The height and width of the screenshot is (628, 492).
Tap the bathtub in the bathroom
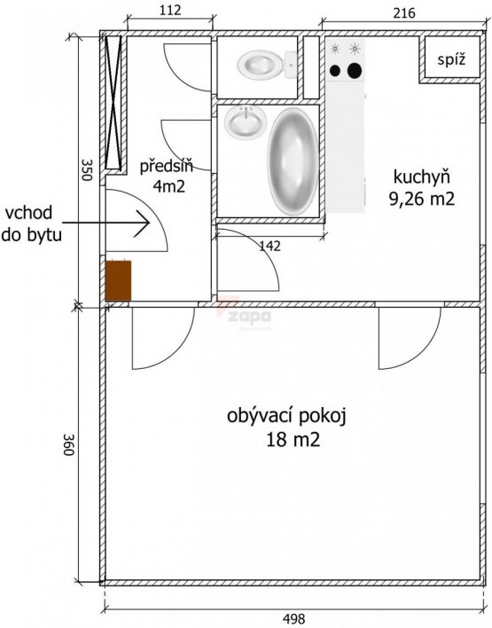pos(293,161)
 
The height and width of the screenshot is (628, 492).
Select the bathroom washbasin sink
pos(246,122)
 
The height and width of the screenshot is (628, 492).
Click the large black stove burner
pos(355,70)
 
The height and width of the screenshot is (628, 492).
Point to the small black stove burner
pos(335,71)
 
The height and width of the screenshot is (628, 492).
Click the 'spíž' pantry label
pos(451,60)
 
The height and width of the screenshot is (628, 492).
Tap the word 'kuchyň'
pos(422,177)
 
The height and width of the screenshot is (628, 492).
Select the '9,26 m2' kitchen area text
pos(422,199)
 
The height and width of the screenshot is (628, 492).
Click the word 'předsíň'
pos(166,165)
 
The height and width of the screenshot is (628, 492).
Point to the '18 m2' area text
pos(293,440)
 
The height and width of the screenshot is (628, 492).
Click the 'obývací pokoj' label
pos(286,417)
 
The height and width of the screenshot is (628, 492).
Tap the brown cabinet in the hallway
pos(118,280)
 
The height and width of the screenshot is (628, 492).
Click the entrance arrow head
pos(144,224)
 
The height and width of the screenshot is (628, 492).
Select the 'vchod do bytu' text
pos(32,224)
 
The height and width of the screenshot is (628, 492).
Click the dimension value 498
pos(293,619)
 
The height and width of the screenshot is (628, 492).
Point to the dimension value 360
pos(69,444)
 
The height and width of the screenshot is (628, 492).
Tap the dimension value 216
pos(404,13)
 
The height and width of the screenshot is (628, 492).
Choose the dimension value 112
pos(170,10)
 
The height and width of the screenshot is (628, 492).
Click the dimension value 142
pos(269,246)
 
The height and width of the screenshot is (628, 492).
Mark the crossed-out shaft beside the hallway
pos(113,102)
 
